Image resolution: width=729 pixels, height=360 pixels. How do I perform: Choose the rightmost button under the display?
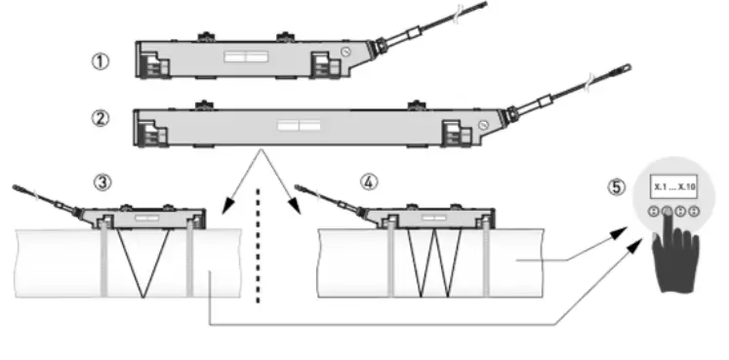[x=693, y=211]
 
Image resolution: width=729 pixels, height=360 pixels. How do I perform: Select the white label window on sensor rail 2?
[x=299, y=125]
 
